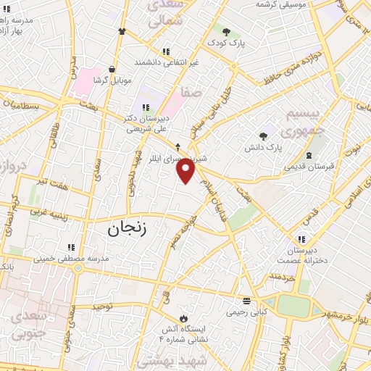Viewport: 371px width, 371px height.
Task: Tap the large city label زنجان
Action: (x=128, y=229)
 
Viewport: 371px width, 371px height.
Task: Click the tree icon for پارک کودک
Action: (x=227, y=32)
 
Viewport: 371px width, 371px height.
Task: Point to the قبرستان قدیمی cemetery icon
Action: (x=310, y=155)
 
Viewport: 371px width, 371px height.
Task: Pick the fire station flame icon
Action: (x=183, y=318)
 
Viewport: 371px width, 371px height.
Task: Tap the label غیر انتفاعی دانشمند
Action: (x=166, y=63)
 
